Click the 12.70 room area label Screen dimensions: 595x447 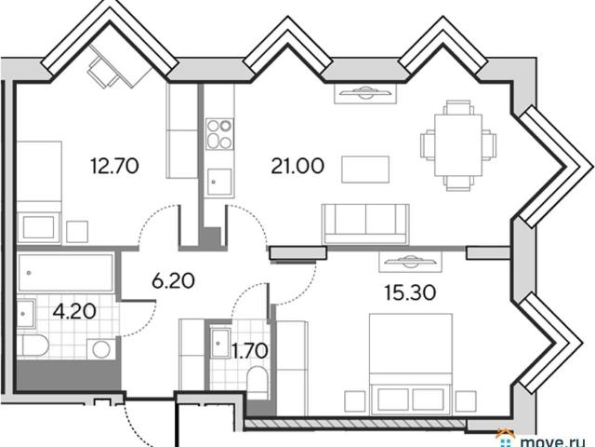pyautogui.click(x=114, y=166)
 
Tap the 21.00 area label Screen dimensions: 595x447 pyautogui.click(x=297, y=166)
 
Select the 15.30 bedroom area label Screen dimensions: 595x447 pyautogui.click(x=410, y=292)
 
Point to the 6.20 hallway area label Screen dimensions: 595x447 pyautogui.click(x=173, y=281)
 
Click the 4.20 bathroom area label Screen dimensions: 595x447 pyautogui.click(x=74, y=312)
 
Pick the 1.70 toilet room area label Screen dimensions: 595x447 pyautogui.click(x=250, y=350)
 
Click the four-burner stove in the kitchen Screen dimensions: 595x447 pyautogui.click(x=219, y=134)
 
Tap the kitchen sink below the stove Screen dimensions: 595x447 pyautogui.click(x=219, y=182)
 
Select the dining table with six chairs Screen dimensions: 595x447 pyautogui.click(x=458, y=145)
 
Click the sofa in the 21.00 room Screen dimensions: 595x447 pyautogui.click(x=365, y=223)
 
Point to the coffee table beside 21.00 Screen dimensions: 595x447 pyautogui.click(x=365, y=169)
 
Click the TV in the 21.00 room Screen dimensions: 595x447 pyautogui.click(x=365, y=93)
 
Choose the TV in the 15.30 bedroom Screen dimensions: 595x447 pyautogui.click(x=411, y=262)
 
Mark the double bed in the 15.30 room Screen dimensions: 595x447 pyautogui.click(x=411, y=364)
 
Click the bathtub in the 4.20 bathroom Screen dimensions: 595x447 pyautogui.click(x=66, y=273)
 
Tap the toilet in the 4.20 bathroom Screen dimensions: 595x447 pyautogui.click(x=33, y=345)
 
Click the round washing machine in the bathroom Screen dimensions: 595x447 pyautogui.click(x=101, y=349)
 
